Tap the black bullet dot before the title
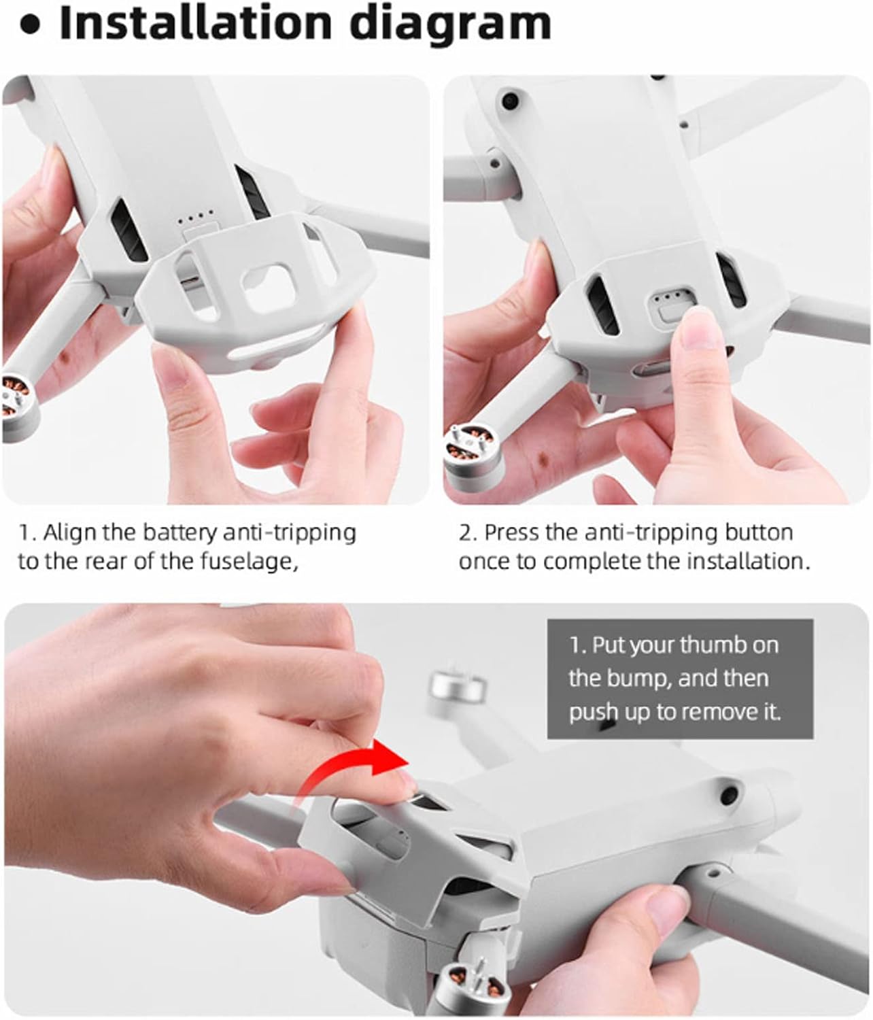(31, 26)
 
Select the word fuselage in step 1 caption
(248, 562)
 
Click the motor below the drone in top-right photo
(473, 452)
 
